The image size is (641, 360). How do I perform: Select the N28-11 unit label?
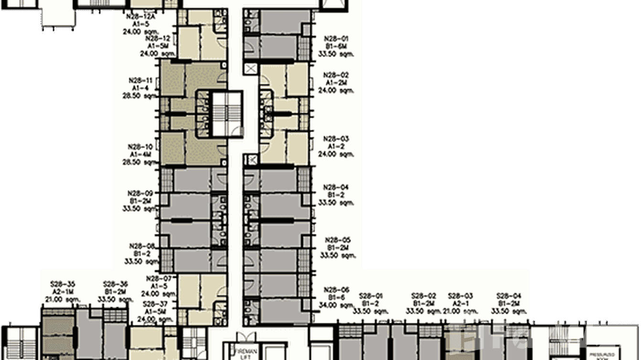coord(140,81)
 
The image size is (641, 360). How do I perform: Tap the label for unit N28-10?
coord(140,147)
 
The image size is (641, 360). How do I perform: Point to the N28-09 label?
coord(140,193)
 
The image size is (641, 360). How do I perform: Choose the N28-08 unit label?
coord(140,246)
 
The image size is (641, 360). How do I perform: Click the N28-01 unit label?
coord(337,38)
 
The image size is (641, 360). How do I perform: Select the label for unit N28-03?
coord(337,139)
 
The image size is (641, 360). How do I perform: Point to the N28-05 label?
coord(337,240)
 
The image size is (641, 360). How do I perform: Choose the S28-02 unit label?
coord(424,296)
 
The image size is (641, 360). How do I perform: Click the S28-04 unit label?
coord(509,296)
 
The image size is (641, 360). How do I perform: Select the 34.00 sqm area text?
coord(337,305)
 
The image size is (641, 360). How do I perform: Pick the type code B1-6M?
coord(337,46)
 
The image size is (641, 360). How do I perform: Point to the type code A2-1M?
coord(63,292)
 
